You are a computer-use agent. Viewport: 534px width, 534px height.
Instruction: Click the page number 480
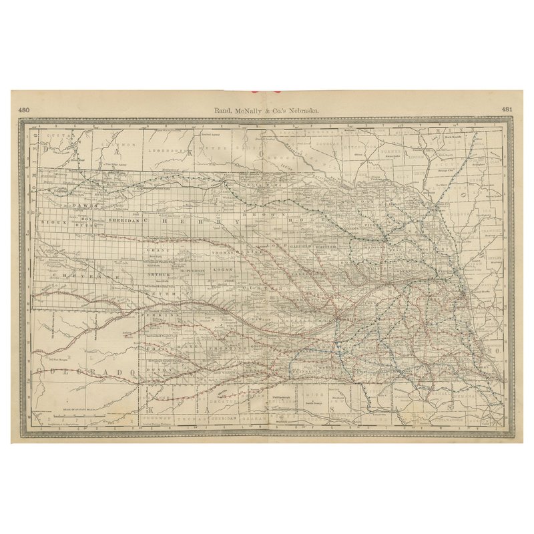[x=24, y=109]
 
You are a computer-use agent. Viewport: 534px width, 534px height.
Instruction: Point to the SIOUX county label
[x=49, y=221]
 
